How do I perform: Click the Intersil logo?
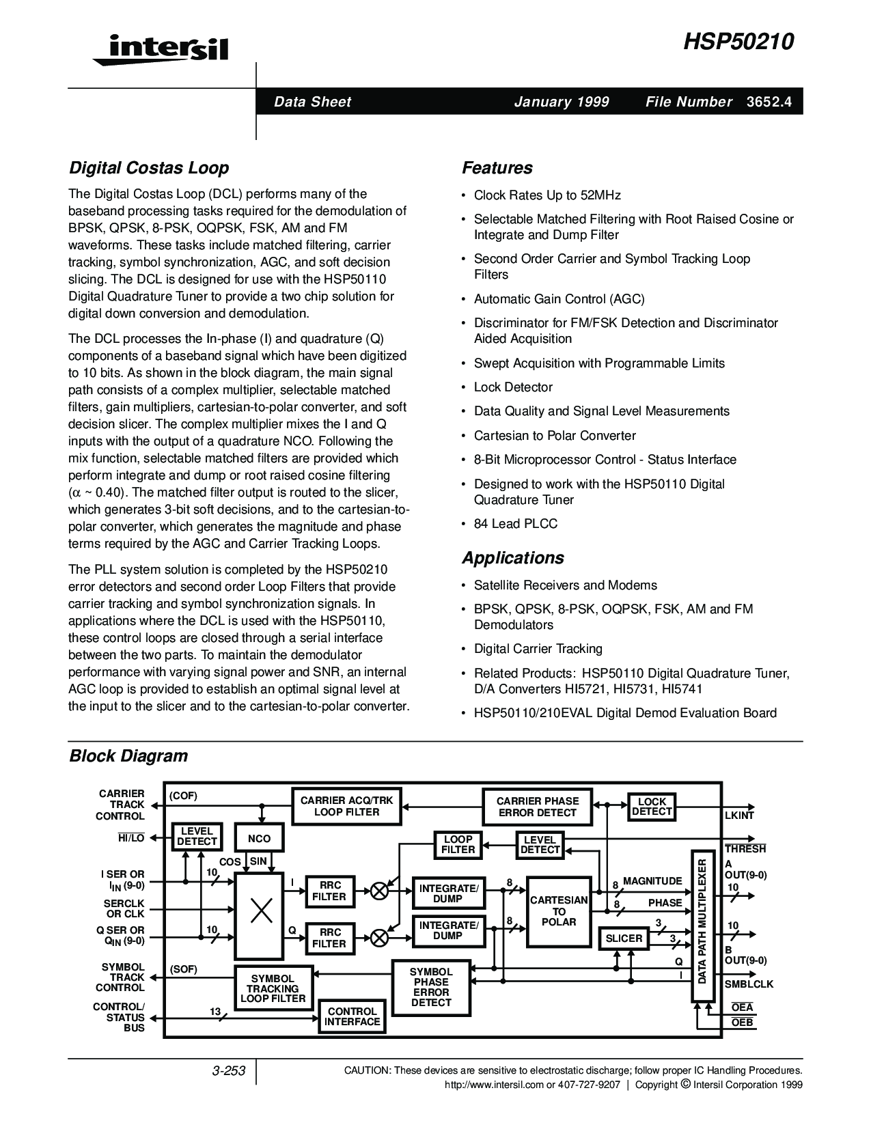[x=160, y=49]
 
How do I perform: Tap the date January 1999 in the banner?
[x=562, y=102]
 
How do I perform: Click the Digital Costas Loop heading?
[x=149, y=168]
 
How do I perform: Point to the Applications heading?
[x=512, y=558]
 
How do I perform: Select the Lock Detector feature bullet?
[x=513, y=387]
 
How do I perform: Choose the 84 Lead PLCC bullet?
[x=516, y=524]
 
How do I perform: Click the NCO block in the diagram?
[x=259, y=839]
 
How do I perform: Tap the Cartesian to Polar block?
[x=559, y=911]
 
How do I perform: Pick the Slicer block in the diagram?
[x=624, y=938]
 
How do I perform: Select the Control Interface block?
[x=352, y=1016]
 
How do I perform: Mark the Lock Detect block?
[x=652, y=807]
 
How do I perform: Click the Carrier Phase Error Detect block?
[x=537, y=807]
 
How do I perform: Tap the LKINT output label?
[x=739, y=816]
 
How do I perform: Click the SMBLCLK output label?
[x=749, y=984]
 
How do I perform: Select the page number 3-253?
[x=229, y=1071]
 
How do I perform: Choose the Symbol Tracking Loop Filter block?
[x=273, y=988]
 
